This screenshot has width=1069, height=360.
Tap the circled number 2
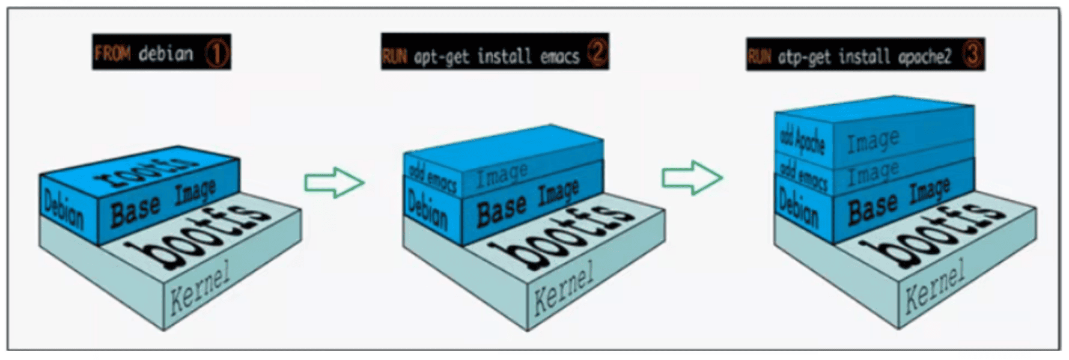[x=597, y=53]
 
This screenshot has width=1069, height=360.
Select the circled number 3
[x=972, y=55]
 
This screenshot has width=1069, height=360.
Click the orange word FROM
[x=112, y=54]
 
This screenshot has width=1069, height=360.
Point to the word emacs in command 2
[x=559, y=56]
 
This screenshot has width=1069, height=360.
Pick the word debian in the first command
[x=166, y=54]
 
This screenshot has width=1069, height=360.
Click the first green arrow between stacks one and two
[x=334, y=182]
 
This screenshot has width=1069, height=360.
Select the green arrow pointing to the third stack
[x=692, y=177]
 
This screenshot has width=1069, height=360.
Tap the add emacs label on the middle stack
[x=432, y=177]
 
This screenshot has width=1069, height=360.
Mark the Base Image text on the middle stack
[x=528, y=204]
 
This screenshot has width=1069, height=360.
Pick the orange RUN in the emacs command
[x=394, y=56]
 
